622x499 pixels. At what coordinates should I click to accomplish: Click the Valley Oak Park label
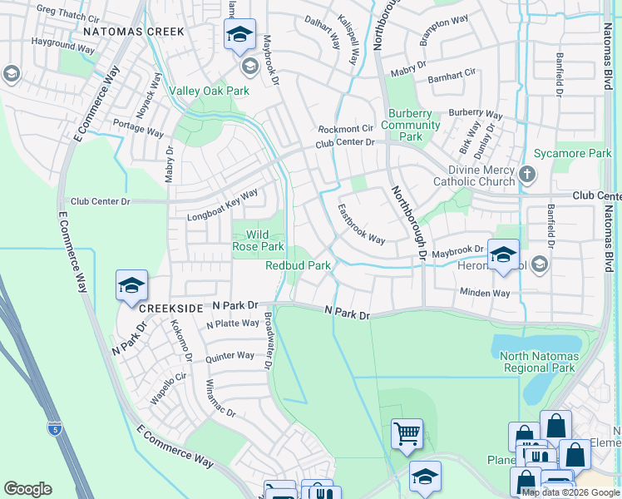(209, 91)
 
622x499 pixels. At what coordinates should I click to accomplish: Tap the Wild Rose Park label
(259, 240)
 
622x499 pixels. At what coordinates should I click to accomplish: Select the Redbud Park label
(298, 266)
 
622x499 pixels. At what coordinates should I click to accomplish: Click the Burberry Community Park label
(410, 125)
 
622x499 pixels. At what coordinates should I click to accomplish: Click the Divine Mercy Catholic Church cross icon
(526, 175)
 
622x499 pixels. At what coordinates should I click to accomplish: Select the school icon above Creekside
(131, 285)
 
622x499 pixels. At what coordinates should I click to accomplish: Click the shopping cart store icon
(407, 432)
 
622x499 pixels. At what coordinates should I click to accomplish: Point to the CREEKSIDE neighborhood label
(171, 309)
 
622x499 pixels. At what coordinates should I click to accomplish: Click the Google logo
(27, 489)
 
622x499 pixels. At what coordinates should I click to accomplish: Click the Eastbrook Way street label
(361, 225)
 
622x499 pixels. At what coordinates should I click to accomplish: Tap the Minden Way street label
(484, 293)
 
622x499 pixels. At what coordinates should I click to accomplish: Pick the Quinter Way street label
(230, 356)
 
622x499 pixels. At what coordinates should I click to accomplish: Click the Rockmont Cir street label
(346, 129)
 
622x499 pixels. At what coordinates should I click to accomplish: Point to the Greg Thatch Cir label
(68, 13)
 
